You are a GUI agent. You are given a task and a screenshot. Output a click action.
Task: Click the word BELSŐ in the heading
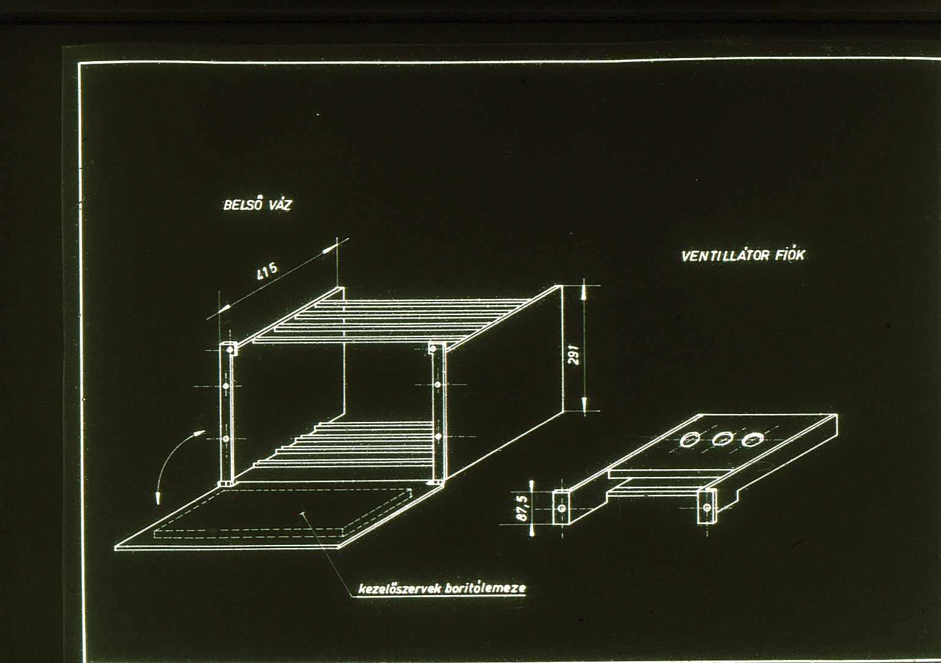pyautogui.click(x=243, y=204)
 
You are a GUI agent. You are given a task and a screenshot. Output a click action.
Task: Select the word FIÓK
pyautogui.click(x=789, y=255)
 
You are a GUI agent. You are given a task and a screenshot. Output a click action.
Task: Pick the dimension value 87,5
pyautogui.click(x=523, y=508)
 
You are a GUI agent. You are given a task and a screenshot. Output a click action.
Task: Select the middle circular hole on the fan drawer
pyautogui.click(x=721, y=440)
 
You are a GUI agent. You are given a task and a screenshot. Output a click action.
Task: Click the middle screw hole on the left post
pyautogui.click(x=227, y=386)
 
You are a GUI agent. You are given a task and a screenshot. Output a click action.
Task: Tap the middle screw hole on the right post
pyautogui.click(x=438, y=384)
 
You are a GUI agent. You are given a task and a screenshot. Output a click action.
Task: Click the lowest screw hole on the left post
pyautogui.click(x=227, y=439)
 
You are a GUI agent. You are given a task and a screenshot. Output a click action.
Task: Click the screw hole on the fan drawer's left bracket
pyautogui.click(x=563, y=508)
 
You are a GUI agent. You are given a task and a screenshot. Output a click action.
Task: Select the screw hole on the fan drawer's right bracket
pyautogui.click(x=708, y=508)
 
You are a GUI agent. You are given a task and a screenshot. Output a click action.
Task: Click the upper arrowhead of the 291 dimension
pyautogui.click(x=584, y=292)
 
